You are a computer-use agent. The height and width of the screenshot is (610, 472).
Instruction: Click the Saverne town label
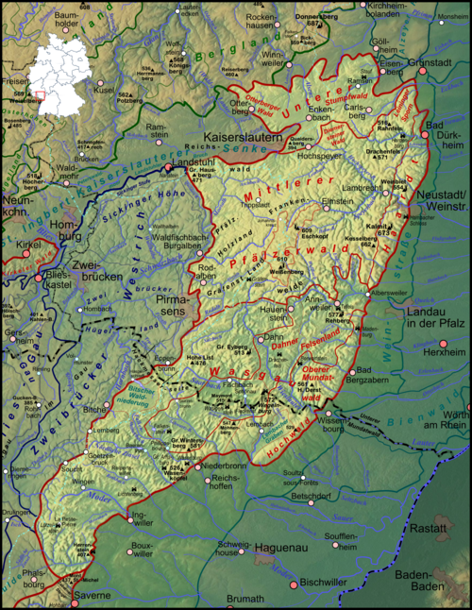(x=93, y=596)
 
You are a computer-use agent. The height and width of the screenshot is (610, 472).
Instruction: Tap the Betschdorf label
(x=311, y=495)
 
